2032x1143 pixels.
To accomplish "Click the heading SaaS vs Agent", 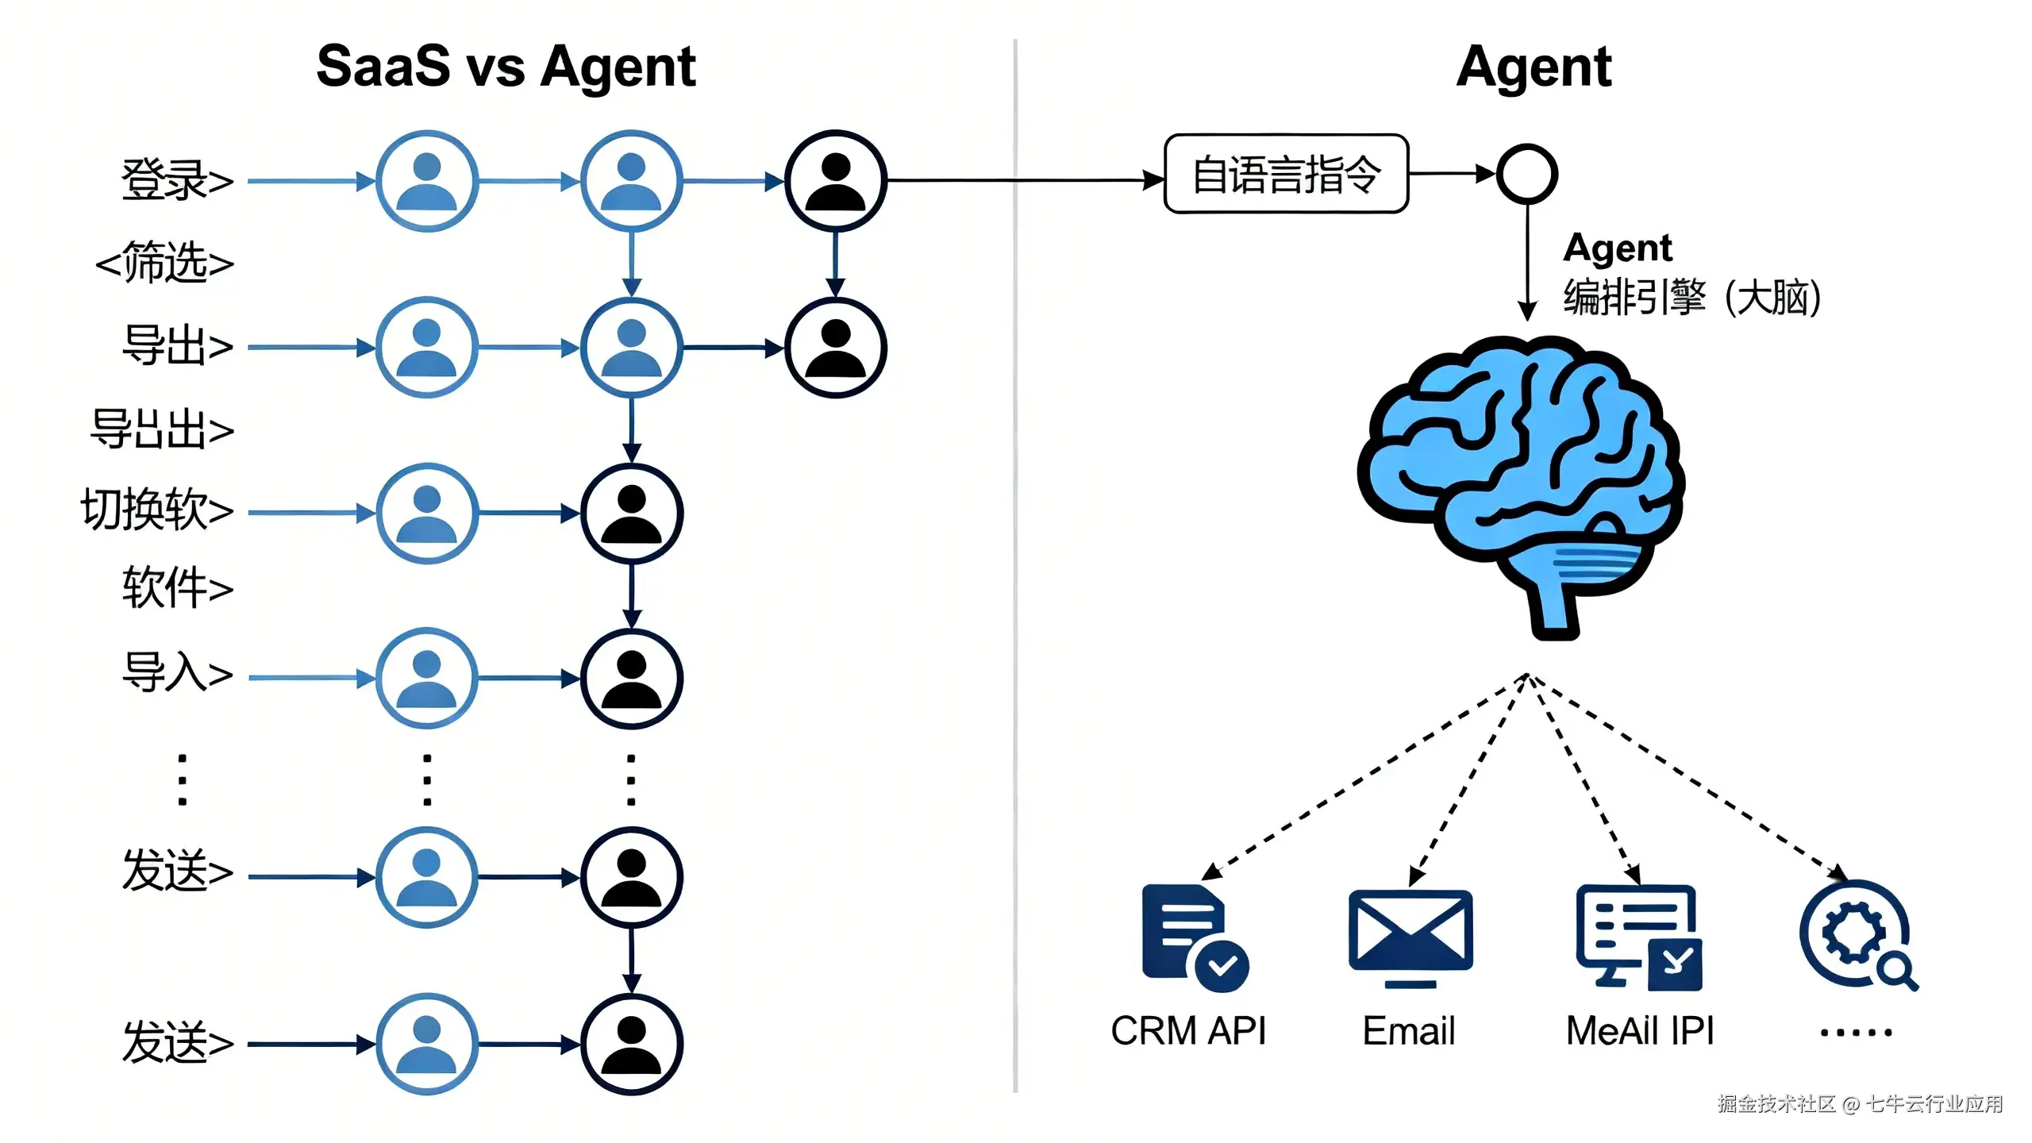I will click(x=506, y=67).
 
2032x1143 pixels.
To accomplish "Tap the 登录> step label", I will click(x=177, y=180).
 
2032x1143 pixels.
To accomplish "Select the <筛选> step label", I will click(x=164, y=263).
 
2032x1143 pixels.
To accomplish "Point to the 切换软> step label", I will click(x=157, y=509).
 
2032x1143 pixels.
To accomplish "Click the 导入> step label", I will click(x=177, y=672).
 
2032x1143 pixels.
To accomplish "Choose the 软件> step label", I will click(x=177, y=588).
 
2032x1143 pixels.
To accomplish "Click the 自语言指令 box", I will click(x=1286, y=174).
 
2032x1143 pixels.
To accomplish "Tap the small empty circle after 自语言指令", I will click(x=1526, y=174).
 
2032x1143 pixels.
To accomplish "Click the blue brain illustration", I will click(x=1520, y=476).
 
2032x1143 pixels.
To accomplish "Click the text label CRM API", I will click(x=1187, y=1031).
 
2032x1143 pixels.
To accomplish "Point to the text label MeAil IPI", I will click(x=1639, y=1031).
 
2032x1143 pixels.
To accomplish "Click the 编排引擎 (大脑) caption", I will click(x=1691, y=298).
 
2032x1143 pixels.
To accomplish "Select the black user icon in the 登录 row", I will click(x=835, y=181).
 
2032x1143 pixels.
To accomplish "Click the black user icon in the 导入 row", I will click(x=631, y=679).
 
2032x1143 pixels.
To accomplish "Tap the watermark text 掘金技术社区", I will click(x=1776, y=1104).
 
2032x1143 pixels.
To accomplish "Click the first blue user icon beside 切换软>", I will click(x=427, y=514).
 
